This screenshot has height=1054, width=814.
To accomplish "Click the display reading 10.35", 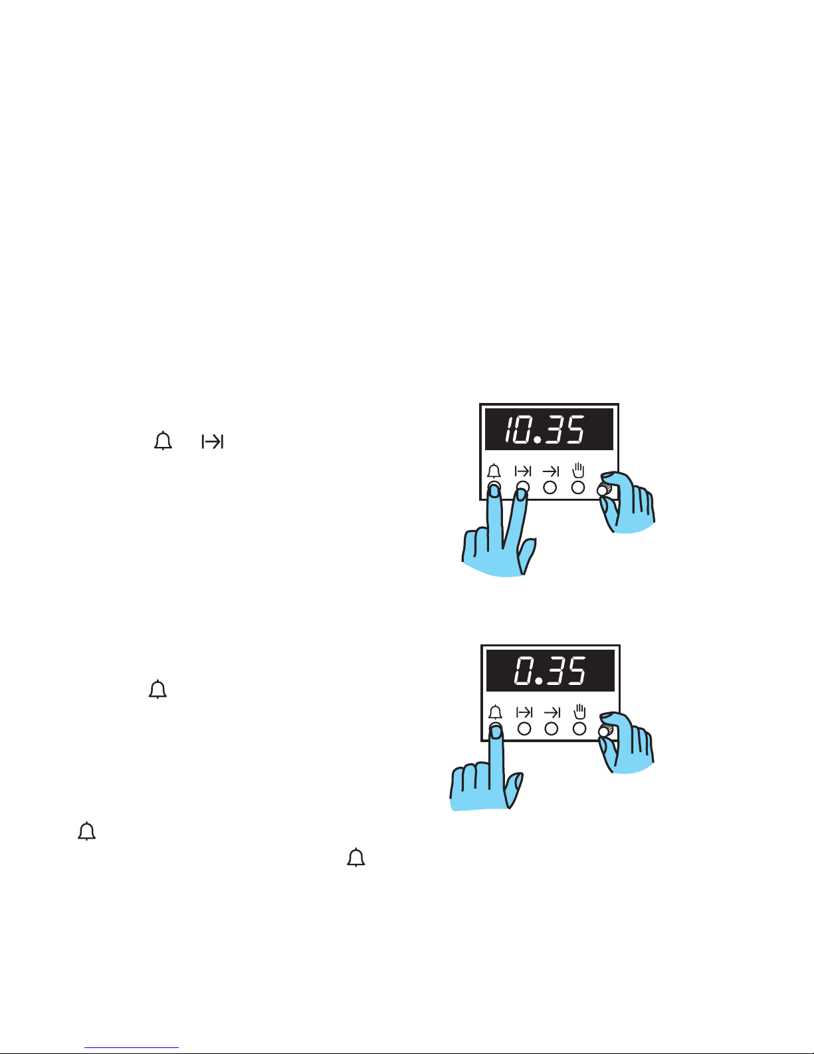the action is click(x=549, y=430).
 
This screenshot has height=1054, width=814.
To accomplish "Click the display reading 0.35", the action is click(x=550, y=670).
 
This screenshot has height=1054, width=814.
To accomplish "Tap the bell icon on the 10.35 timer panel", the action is click(x=494, y=471).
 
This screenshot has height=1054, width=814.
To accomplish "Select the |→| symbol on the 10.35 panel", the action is click(x=523, y=471).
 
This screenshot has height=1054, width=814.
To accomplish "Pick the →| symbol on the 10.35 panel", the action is click(x=551, y=471).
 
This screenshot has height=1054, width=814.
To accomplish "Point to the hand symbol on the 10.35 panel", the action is click(x=578, y=470).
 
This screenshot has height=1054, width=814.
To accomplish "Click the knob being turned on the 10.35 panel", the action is click(x=603, y=490).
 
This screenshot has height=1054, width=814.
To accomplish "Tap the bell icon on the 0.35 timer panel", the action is click(x=495, y=712).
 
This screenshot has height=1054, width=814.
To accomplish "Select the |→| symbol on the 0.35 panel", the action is click(x=524, y=712).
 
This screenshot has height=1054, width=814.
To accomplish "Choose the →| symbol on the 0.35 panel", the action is click(x=552, y=712).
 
